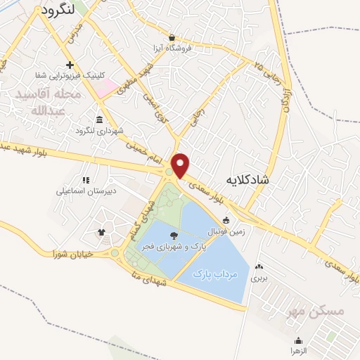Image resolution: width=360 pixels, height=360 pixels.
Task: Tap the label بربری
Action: point(261,278)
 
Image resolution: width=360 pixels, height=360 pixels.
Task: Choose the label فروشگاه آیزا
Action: point(172,49)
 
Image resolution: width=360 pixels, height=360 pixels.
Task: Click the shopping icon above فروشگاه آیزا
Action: point(172,37)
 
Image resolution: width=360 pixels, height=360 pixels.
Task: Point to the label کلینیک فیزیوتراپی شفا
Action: point(68,74)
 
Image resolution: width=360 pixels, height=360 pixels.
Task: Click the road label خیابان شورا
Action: point(72,254)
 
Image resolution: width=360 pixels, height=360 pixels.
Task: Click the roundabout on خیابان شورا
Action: point(115,252)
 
